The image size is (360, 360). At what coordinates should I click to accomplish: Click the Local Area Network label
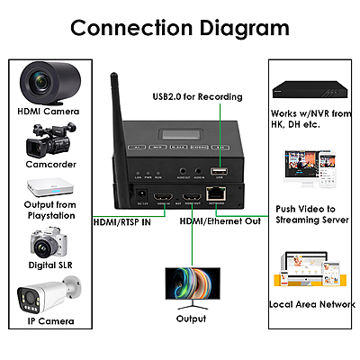point(311,304)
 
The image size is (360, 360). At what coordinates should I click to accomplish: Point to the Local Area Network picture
point(311,269)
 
